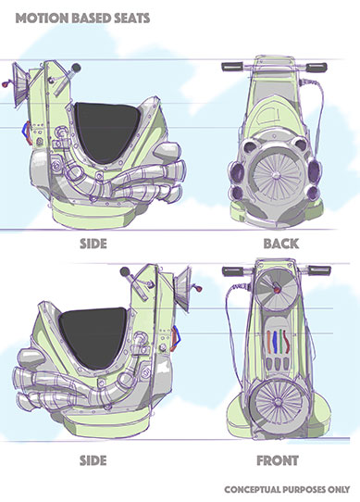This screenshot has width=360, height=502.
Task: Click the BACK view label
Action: click(x=281, y=244)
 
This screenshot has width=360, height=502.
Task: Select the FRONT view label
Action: click(x=278, y=460)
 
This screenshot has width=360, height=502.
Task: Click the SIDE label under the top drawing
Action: click(x=93, y=244)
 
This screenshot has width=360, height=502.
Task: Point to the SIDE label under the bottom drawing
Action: click(x=93, y=460)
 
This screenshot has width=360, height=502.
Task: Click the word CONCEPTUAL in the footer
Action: click(x=253, y=490)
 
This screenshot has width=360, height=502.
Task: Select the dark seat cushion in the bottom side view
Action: click(x=93, y=336)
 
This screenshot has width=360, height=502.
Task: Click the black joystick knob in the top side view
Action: click(x=76, y=68)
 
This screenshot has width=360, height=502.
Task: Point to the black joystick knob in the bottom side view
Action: click(x=125, y=271)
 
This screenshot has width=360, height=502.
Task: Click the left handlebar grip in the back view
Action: click(x=232, y=67)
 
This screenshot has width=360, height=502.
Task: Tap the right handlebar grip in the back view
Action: click(x=317, y=68)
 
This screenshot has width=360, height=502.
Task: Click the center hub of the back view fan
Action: click(x=275, y=175)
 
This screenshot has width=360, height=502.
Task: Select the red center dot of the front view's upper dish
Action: click(x=276, y=290)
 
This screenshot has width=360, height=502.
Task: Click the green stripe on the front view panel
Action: click(x=281, y=341)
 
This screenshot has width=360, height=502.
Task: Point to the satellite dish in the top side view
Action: click(x=19, y=83)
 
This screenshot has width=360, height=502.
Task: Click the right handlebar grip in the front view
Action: click(x=319, y=270)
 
